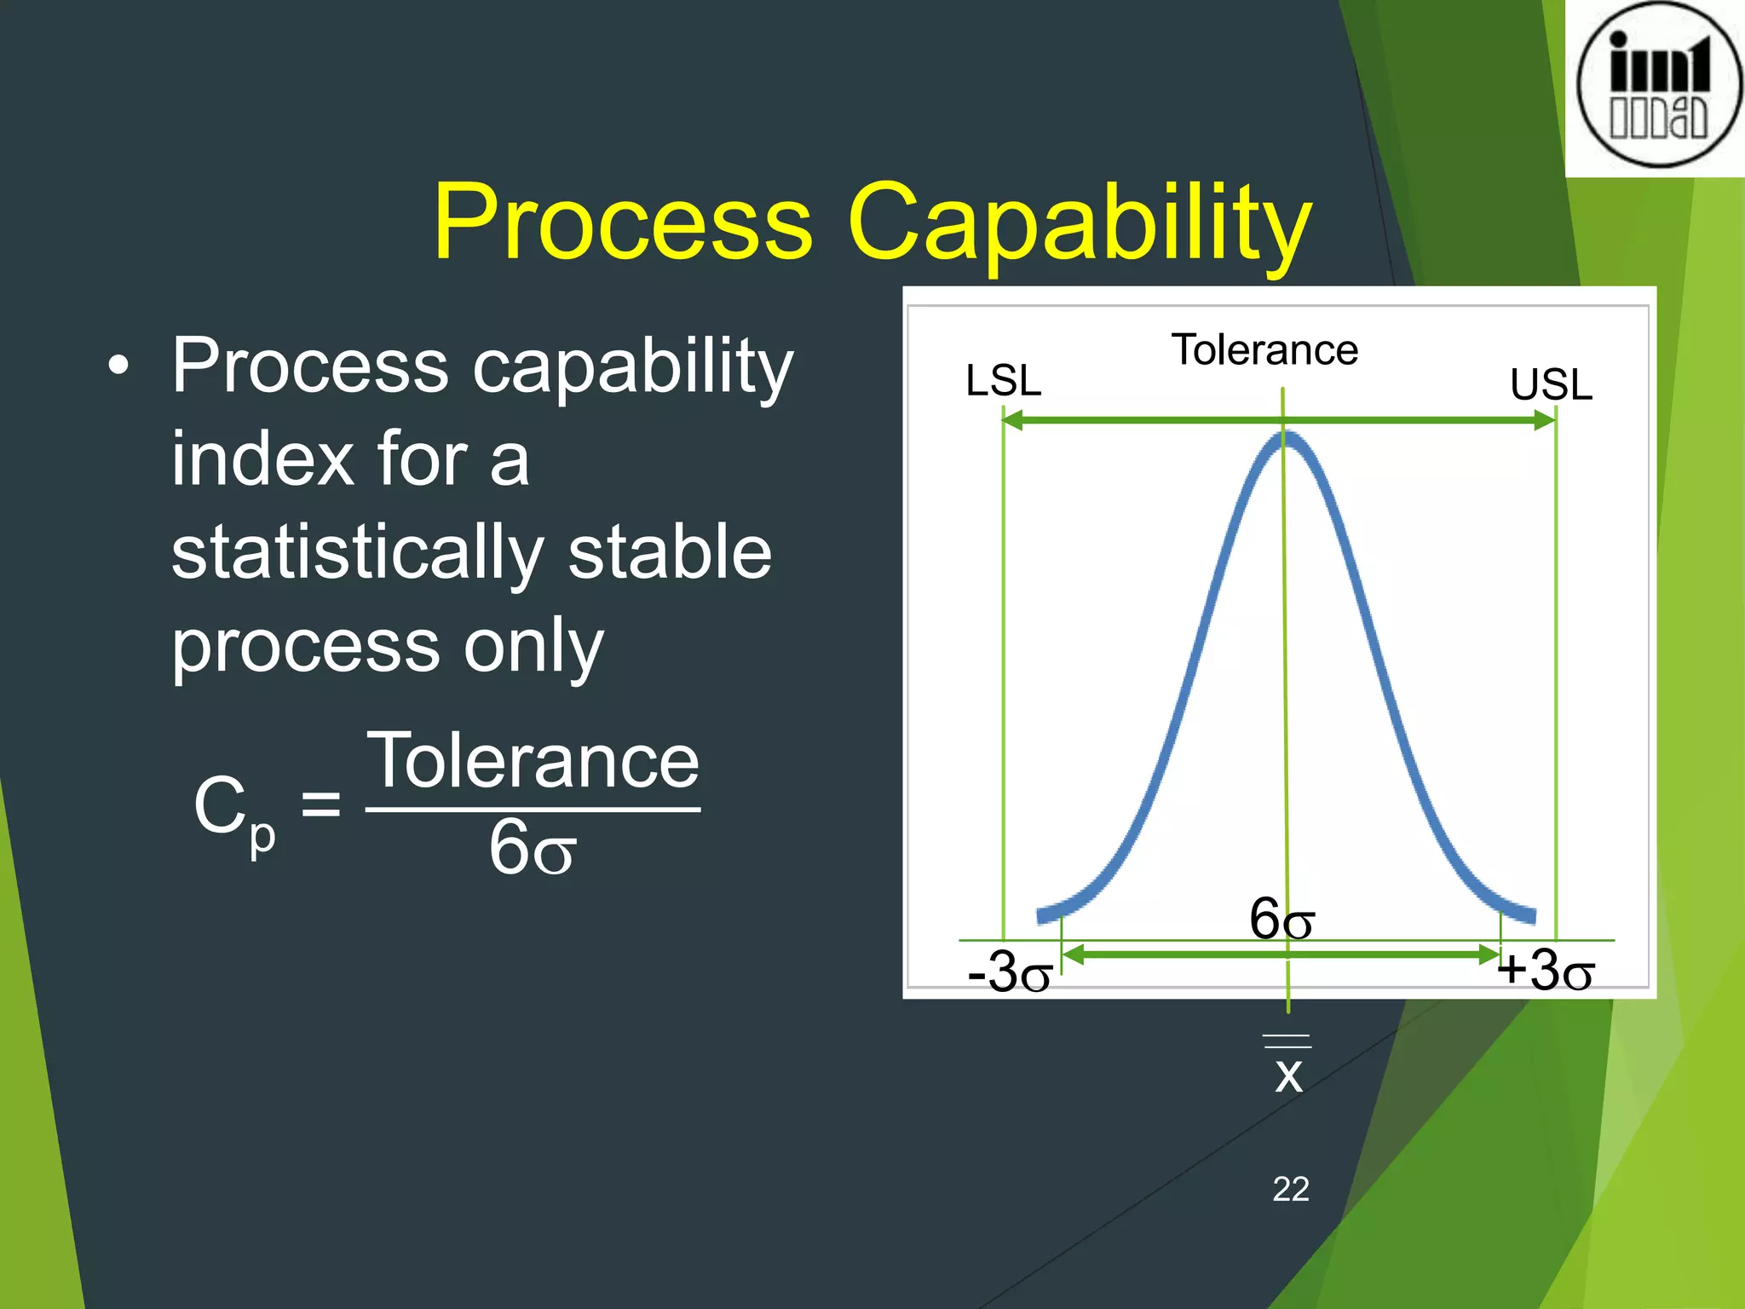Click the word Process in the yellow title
(x=623, y=223)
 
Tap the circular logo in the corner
(x=1658, y=84)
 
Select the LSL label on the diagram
(x=1003, y=380)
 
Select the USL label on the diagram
(x=1551, y=384)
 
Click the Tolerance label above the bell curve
(x=1264, y=350)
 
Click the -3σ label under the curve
(x=1011, y=972)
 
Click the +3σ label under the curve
(x=1546, y=970)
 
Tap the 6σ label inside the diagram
(x=1281, y=919)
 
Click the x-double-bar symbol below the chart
(x=1288, y=1067)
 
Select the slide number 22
(x=1290, y=1189)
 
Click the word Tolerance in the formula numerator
(x=533, y=761)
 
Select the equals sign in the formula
(x=321, y=804)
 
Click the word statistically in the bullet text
(x=357, y=554)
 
